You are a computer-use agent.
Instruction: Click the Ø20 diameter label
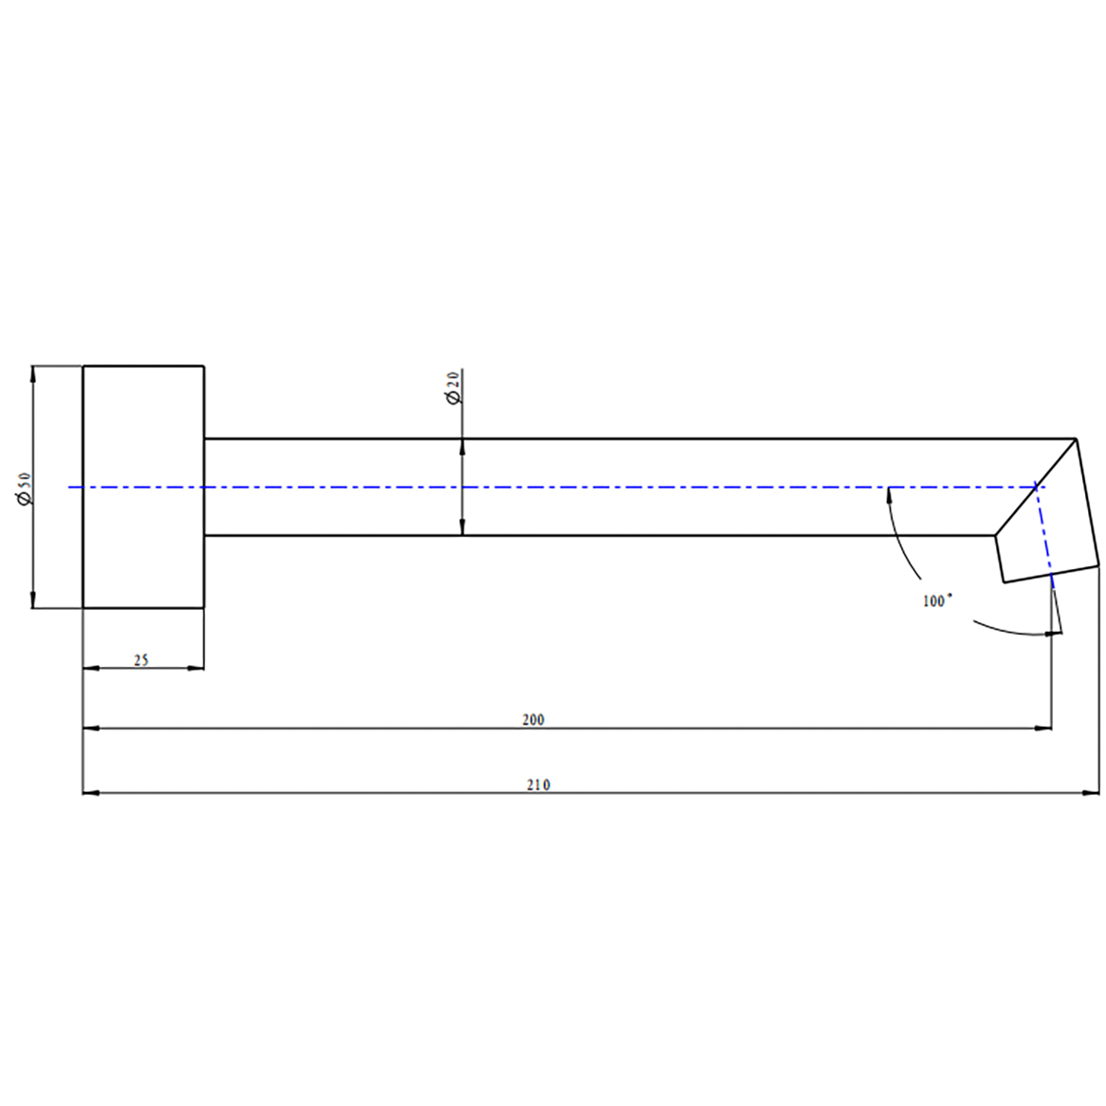[452, 387]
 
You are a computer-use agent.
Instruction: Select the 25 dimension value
[141, 660]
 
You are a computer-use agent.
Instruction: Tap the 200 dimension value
[533, 720]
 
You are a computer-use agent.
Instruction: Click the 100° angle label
[937, 601]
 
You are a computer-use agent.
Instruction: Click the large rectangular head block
[143, 487]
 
